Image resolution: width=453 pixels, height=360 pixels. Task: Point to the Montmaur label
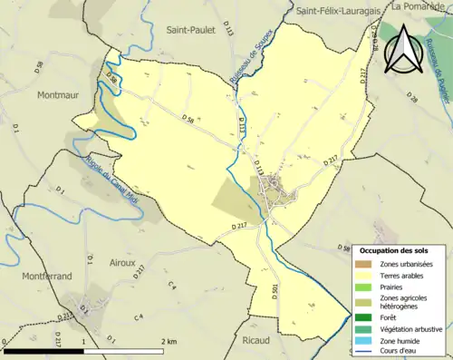(61, 93)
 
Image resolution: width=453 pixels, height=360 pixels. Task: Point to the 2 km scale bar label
(169, 341)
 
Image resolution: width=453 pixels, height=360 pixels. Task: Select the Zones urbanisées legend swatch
(368, 264)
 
